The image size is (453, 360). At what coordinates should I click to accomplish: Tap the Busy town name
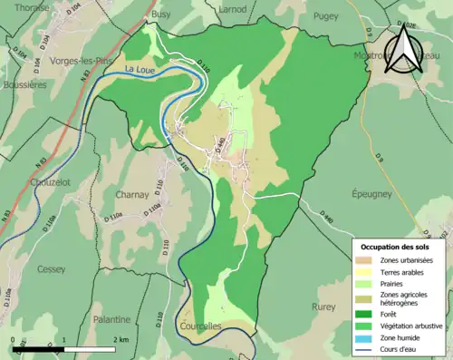[160, 15]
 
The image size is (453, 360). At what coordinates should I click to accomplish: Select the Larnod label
[233, 8]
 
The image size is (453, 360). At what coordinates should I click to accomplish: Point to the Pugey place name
[325, 15]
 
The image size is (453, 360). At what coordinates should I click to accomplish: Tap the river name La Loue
[140, 69]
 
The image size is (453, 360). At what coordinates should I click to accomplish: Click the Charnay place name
[131, 194]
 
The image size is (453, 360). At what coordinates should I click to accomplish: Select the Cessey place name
[51, 269]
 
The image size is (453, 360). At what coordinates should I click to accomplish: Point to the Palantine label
[111, 319]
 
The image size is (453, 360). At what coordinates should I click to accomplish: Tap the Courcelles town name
[198, 326]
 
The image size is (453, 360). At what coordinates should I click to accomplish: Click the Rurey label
[323, 306]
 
